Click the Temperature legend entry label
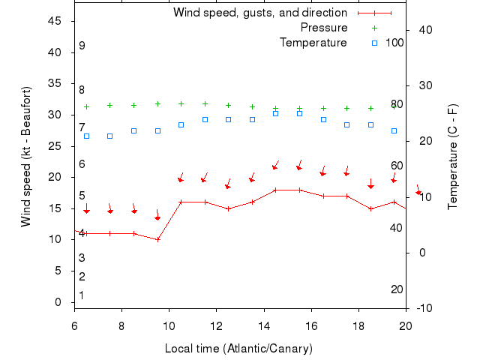click(x=313, y=43)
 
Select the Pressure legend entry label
click(x=324, y=28)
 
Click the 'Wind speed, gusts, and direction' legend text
click(x=259, y=13)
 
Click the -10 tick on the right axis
click(x=424, y=308)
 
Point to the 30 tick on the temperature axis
click(x=424, y=85)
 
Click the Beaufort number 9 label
click(x=82, y=46)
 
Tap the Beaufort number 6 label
click(x=82, y=164)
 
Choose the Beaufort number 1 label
click(x=82, y=295)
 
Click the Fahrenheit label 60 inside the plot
click(x=397, y=166)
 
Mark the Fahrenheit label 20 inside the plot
click(x=397, y=289)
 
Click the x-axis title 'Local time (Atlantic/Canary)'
click(x=238, y=349)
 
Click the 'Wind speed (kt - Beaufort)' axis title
click(x=26, y=156)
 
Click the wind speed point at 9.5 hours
click(x=157, y=239)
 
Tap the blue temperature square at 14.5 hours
click(x=276, y=113)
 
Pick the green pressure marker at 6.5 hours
click(x=86, y=106)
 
